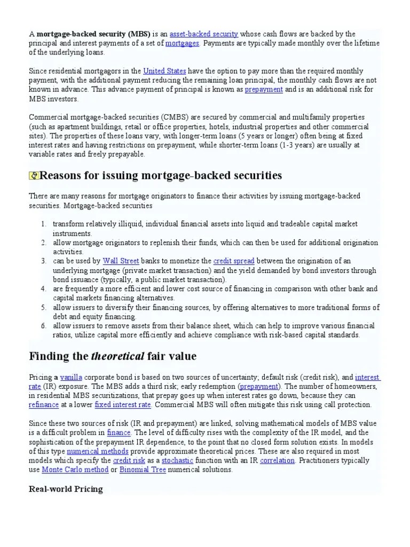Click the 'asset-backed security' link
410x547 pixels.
point(203,34)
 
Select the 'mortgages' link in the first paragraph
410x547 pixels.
point(183,43)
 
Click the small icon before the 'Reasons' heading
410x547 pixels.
point(34,175)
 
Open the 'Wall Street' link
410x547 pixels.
point(121,261)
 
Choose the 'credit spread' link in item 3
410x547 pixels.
point(233,261)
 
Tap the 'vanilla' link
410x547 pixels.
point(72,377)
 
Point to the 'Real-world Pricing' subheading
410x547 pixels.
point(65,489)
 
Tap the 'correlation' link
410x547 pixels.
point(277,460)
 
